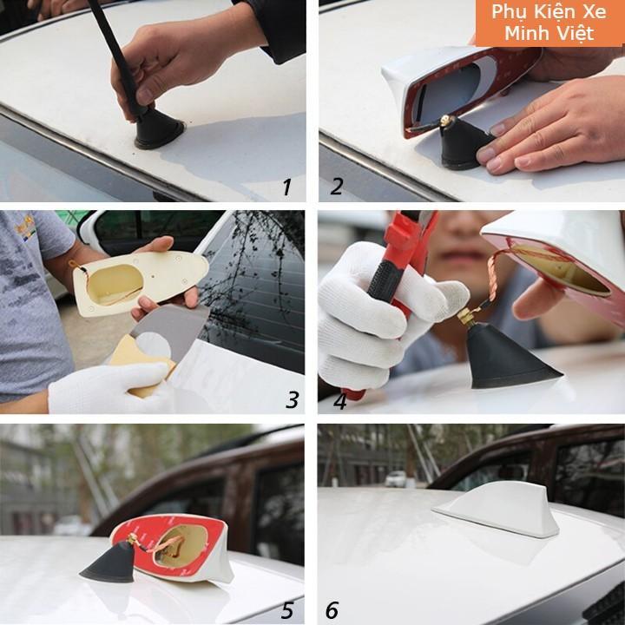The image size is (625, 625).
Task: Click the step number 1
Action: click(286, 187)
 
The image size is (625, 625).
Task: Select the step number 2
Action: click(337, 186)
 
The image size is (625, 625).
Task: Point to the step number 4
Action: click(339, 400)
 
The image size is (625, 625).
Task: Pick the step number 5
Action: click(287, 610)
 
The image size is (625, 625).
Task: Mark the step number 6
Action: click(332, 610)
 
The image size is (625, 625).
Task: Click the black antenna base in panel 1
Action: click(159, 132)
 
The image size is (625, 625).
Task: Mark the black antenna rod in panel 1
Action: click(113, 52)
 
